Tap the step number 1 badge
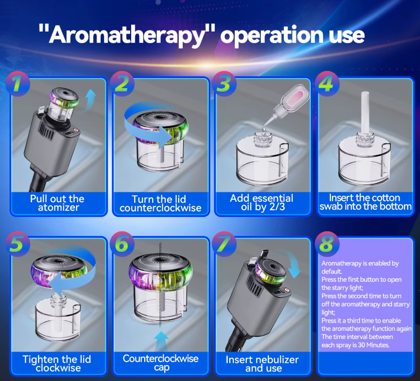click(x=18, y=84)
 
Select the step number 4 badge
click(x=327, y=84)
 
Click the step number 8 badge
click(x=327, y=243)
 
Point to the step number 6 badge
click(x=122, y=243)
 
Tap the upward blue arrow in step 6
click(x=161, y=341)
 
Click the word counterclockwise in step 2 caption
click(x=161, y=208)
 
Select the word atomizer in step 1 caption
click(x=59, y=207)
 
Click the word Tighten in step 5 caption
click(x=41, y=359)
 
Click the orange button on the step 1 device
click(x=76, y=131)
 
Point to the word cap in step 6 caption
click(x=162, y=367)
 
